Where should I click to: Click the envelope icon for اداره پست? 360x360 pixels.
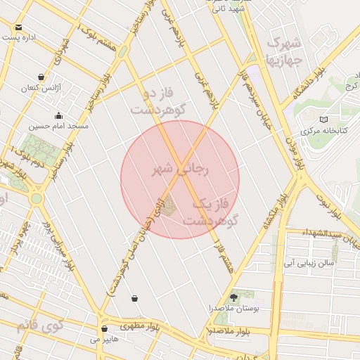tap(18, 27)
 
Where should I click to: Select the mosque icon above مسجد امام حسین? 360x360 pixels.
tap(58, 115)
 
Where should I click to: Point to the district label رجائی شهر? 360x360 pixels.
tap(181, 169)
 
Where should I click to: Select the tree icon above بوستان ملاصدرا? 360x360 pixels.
tap(234, 297)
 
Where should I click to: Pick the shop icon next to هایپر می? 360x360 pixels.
tap(104, 328)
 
